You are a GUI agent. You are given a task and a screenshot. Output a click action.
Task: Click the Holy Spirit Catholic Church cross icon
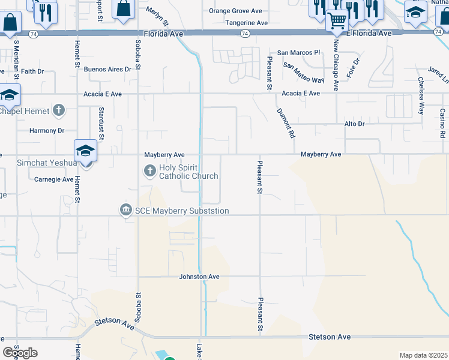pos(150,172)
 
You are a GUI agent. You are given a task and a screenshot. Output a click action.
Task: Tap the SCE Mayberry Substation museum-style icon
pos(125,209)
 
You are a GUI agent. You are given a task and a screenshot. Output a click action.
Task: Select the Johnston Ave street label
pos(199,277)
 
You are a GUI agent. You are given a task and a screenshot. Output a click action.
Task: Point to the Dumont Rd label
pos(286,124)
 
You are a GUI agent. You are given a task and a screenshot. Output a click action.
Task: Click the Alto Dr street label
pos(354,124)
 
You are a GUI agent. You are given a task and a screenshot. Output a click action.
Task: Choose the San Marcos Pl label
pos(298,53)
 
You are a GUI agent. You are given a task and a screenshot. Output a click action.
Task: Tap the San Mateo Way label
pos(304,73)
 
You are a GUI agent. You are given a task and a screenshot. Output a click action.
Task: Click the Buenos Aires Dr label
pos(107,70)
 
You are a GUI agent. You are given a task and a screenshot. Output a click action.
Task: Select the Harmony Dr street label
pos(47,130)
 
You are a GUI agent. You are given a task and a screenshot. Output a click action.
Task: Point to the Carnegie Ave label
pos(53,179)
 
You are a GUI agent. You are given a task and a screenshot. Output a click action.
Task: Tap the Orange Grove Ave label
pos(235,11)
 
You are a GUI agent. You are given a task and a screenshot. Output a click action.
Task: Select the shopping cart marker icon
pos(337,21)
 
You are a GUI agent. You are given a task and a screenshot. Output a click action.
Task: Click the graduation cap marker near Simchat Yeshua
pos(85,150)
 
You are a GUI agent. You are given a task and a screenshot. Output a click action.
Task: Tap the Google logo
pos(20,353)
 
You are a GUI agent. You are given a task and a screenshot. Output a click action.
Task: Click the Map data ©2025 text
pos(423,355)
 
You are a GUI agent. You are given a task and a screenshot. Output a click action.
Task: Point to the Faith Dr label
pos(32,71)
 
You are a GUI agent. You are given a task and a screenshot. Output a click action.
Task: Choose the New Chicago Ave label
pos(336,67)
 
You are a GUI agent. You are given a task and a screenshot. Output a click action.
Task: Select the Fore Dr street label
pos(355,69)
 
